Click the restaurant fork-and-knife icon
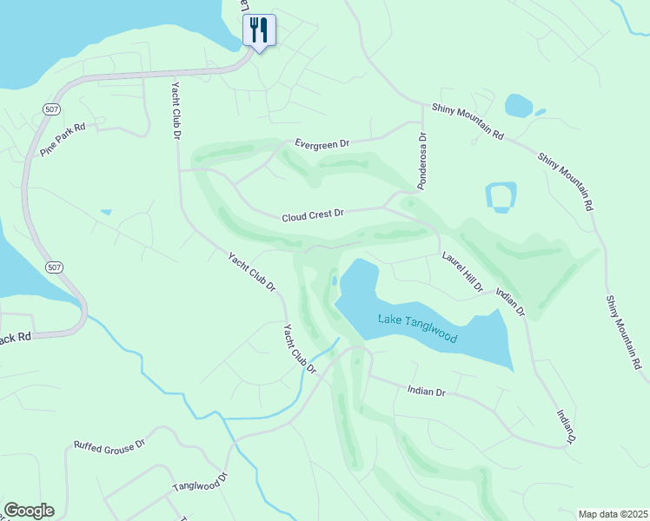[x=259, y=30]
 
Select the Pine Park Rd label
[x=63, y=139]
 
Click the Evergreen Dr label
[x=321, y=143]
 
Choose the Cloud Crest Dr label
[x=313, y=213]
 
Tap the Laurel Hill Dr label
[x=461, y=272]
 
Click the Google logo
[x=29, y=511]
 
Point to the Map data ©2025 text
[x=613, y=514]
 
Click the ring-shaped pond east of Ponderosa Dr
[x=501, y=197]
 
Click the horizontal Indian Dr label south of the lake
[x=426, y=392]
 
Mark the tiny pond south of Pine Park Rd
[x=106, y=211]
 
